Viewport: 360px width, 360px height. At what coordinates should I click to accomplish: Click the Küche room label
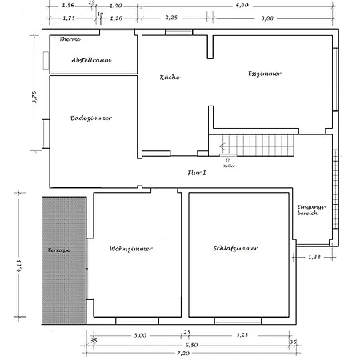point(170,78)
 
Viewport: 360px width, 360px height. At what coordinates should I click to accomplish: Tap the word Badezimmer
point(90,118)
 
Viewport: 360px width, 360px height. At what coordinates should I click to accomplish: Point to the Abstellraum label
point(90,60)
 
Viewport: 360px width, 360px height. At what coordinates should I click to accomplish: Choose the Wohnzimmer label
point(130,249)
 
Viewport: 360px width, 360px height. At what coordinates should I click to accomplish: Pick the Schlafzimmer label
point(235,249)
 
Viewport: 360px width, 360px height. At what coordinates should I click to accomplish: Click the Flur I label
point(197,172)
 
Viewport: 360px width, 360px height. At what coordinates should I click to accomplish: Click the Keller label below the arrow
point(228,166)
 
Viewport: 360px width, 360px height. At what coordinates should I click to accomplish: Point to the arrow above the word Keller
point(228,159)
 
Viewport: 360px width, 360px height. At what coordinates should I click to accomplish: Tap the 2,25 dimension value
point(172,17)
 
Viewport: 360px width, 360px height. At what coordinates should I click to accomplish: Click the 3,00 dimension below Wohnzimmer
point(140,334)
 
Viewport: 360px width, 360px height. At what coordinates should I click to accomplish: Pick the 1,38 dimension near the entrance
point(317,257)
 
